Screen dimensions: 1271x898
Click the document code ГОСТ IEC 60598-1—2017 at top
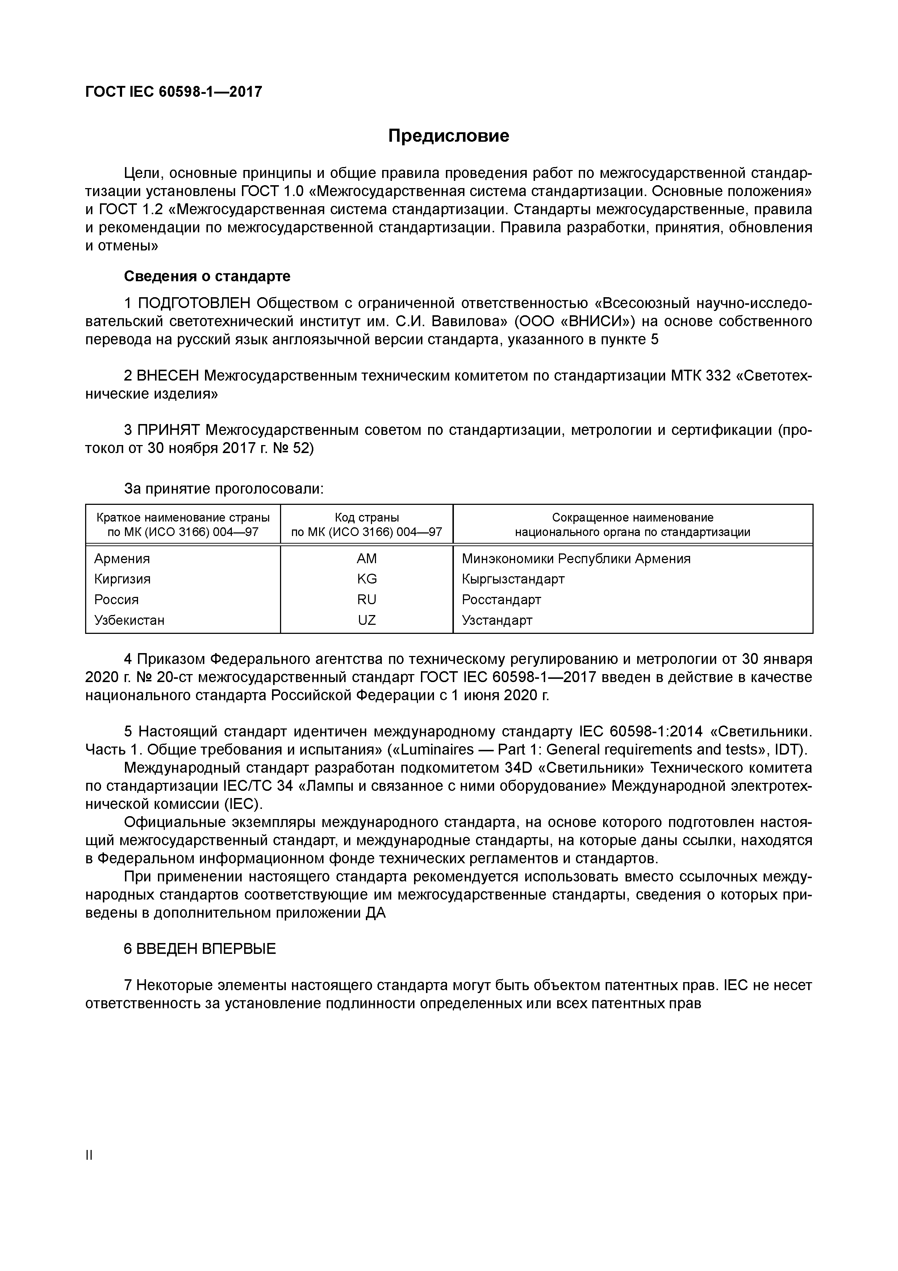pos(174,92)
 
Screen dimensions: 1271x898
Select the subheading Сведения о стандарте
pos(207,276)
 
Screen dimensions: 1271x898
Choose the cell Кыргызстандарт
pos(513,579)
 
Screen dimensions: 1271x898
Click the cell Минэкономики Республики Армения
pos(576,558)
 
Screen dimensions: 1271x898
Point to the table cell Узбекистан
pos(129,620)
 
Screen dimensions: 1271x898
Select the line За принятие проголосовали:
pos(224,489)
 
